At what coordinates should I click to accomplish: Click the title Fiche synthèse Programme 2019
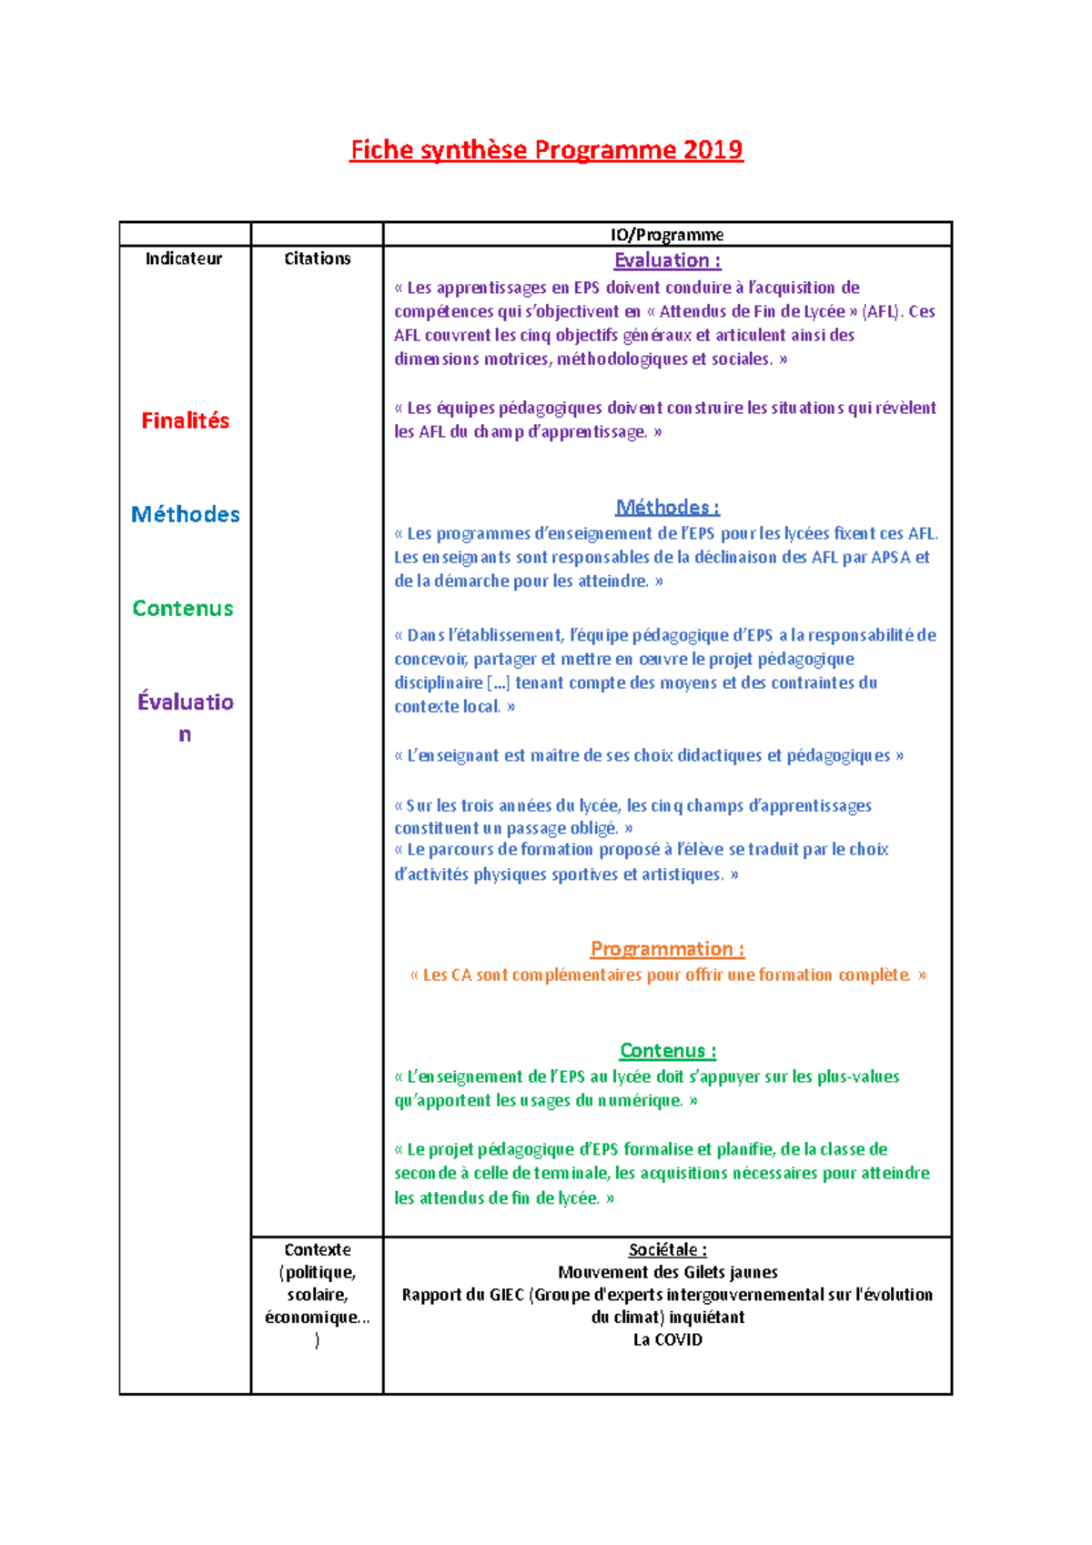point(546,150)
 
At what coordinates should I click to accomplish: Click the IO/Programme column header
point(667,235)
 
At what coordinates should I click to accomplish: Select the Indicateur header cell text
point(184,258)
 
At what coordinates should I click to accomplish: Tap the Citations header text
point(317,258)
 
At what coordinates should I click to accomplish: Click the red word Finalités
point(185,420)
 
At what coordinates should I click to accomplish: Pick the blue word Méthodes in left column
point(185,514)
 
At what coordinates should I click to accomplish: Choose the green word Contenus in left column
point(183,608)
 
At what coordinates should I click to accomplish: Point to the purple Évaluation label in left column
point(185,702)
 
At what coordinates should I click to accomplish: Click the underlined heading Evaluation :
point(667,260)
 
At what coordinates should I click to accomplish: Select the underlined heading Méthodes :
point(667,507)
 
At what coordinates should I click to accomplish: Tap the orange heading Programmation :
point(667,949)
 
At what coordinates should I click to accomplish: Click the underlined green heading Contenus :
point(667,1051)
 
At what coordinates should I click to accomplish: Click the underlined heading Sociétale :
point(667,1250)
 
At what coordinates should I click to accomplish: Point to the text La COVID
point(667,1339)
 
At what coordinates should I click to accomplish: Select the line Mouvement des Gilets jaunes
point(667,1272)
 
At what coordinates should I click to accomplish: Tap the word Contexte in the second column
point(317,1250)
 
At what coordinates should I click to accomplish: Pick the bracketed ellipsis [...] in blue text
point(499,682)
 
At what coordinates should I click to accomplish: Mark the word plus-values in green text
point(857,1076)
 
